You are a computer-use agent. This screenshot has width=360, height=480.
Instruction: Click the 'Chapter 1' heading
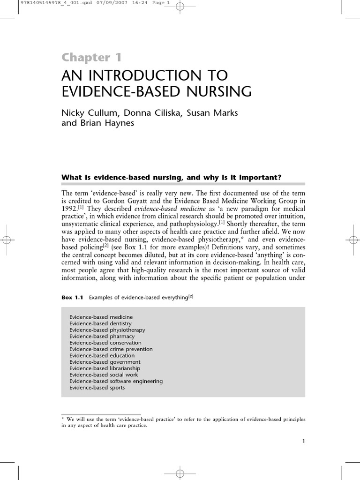coord(92,58)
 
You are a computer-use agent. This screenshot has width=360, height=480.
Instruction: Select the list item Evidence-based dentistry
coord(100,323)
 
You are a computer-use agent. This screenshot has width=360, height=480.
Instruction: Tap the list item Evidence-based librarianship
coord(105,368)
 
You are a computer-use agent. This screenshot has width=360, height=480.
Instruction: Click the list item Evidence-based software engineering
coord(116,381)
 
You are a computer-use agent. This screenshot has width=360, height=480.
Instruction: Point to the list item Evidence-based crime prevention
coord(111,349)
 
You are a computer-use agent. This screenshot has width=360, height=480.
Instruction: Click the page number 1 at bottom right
coord(304,441)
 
